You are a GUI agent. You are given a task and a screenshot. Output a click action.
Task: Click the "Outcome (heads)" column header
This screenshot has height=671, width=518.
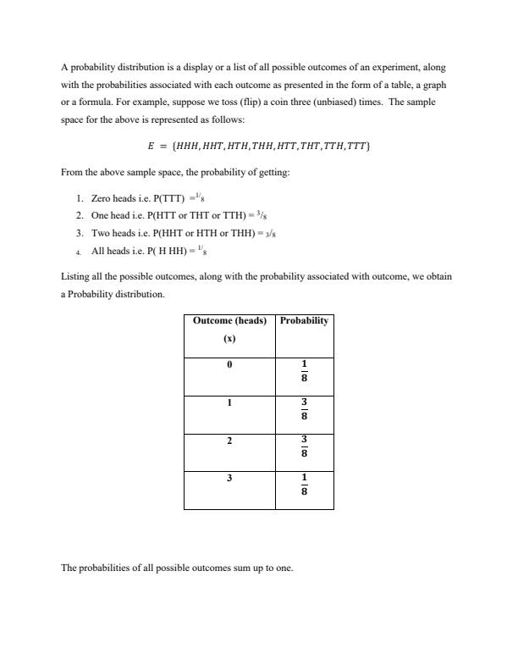[x=229, y=321]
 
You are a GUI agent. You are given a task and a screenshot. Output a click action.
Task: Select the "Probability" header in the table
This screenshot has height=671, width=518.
[x=304, y=321]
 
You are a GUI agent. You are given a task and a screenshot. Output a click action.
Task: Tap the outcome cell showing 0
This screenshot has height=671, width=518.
[x=229, y=364]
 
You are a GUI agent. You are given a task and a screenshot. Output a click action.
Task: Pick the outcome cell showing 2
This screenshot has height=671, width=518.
[x=229, y=441]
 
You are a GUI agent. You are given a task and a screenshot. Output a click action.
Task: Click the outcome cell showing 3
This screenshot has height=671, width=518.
[x=229, y=479]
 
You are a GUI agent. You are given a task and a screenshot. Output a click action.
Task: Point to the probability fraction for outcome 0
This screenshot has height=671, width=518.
[x=304, y=371]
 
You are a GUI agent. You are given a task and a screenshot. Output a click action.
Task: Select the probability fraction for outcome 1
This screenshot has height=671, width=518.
[x=304, y=409]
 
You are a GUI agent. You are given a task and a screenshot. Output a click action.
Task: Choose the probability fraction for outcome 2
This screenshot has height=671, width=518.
[x=304, y=446]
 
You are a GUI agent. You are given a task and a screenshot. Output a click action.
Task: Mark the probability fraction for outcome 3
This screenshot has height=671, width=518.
[x=304, y=485]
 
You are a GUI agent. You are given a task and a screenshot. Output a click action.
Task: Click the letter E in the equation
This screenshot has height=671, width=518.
[x=152, y=146]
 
